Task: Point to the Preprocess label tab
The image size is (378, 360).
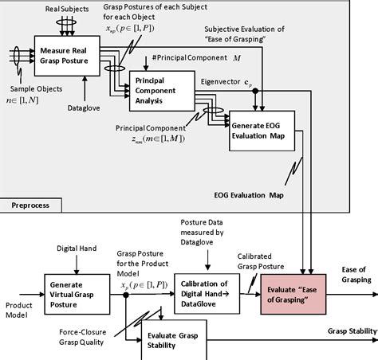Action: pyautogui.click(x=30, y=205)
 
